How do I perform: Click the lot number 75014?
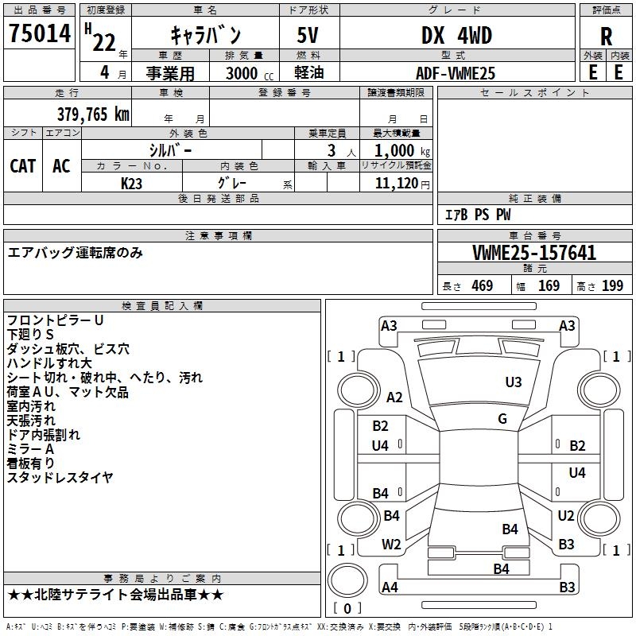tap(40, 33)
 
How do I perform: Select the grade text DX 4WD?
tap(456, 35)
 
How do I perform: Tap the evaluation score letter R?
tap(606, 37)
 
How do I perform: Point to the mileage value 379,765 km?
tap(93, 114)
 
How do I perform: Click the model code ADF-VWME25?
tap(456, 73)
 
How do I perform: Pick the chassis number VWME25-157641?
tap(534, 253)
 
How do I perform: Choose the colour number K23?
tap(131, 184)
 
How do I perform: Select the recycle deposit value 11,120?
tap(397, 184)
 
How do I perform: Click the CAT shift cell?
tap(23, 166)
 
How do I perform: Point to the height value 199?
tap(612, 286)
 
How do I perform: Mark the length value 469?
tap(483, 286)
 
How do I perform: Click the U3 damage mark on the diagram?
tap(514, 382)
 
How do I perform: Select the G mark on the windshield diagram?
tap(502, 419)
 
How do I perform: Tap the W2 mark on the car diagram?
tap(391, 545)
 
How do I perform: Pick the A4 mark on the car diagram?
tap(390, 587)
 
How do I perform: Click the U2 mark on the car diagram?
tap(566, 515)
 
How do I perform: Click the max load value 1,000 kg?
tap(402, 151)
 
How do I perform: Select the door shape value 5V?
tap(308, 35)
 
